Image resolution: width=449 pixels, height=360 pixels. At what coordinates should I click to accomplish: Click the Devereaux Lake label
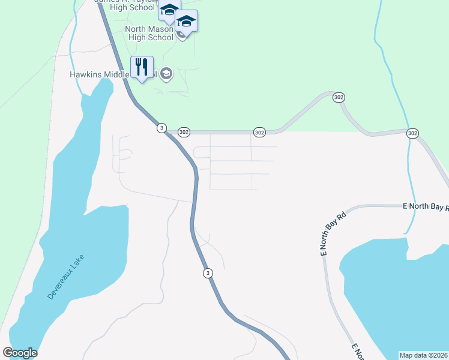pyautogui.click(x=67, y=277)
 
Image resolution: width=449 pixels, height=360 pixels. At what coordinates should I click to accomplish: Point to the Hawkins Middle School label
pyautogui.click(x=112, y=74)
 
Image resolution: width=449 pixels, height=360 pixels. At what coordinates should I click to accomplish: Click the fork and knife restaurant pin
pyautogui.click(x=142, y=68)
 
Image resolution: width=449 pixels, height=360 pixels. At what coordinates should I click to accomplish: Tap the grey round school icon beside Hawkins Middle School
pyautogui.click(x=166, y=74)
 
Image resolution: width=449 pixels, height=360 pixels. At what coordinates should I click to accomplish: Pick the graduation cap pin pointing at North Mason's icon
pyautogui.click(x=187, y=23)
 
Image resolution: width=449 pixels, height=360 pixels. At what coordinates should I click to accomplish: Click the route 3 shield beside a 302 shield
pyautogui.click(x=161, y=128)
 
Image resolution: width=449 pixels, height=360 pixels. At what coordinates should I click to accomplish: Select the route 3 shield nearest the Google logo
pyautogui.click(x=208, y=273)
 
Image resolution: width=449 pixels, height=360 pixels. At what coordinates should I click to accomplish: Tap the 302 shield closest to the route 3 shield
pyautogui.click(x=184, y=132)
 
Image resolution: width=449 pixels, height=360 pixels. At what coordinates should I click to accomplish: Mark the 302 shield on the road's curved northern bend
pyautogui.click(x=339, y=97)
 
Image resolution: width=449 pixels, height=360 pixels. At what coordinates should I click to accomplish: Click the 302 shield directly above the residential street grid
pyautogui.click(x=259, y=132)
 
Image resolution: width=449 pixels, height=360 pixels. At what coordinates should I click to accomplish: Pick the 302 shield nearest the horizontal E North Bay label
pyautogui.click(x=412, y=133)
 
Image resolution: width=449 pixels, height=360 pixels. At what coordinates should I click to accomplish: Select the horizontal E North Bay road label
pyautogui.click(x=426, y=206)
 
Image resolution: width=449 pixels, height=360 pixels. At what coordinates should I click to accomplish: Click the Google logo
pyautogui.click(x=20, y=353)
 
